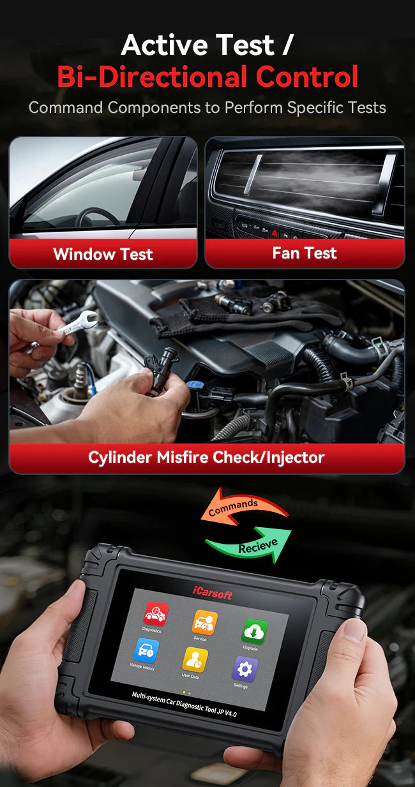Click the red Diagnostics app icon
click(155, 614)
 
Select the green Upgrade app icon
click(253, 631)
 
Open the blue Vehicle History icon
click(145, 650)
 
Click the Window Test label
click(103, 254)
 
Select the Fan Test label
click(304, 253)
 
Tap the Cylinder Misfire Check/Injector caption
click(206, 457)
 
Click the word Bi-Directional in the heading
click(152, 77)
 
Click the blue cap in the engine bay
click(194, 386)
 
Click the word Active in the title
click(160, 45)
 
